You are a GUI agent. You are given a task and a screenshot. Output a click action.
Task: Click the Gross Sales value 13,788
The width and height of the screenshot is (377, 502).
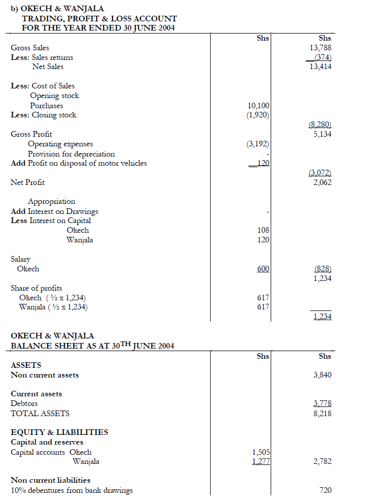pos(321,48)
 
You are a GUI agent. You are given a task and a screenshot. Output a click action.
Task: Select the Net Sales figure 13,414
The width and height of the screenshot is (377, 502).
pos(321,67)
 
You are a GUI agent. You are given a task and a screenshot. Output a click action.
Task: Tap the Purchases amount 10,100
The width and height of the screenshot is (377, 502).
pos(258,106)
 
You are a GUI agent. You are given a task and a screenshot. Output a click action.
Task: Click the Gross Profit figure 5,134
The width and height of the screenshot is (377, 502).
pos(323,135)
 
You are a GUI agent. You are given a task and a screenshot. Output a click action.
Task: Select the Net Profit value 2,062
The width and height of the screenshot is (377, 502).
pos(323,182)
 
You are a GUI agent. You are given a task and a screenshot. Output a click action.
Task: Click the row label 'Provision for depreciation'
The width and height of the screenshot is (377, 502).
pos(71,154)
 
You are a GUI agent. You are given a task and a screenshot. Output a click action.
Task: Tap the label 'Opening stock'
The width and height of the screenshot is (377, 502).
pos(54,96)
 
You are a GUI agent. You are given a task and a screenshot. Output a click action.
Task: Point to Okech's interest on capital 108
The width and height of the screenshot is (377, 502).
pos(264,231)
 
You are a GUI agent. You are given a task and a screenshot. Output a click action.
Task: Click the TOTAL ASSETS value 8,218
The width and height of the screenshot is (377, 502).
pos(323,414)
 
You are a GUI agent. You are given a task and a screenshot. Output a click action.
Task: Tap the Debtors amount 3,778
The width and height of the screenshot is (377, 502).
pos(323,404)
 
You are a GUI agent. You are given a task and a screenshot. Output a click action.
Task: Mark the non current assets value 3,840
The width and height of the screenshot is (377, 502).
pos(323,375)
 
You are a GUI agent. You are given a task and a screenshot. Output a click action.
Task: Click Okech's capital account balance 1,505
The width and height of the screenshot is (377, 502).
pos(260,452)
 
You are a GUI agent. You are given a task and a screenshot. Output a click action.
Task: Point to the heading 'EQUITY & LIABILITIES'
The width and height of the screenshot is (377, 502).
pos(60,432)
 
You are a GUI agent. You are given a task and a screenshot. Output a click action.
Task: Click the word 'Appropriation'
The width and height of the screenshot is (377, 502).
pos(51,202)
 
